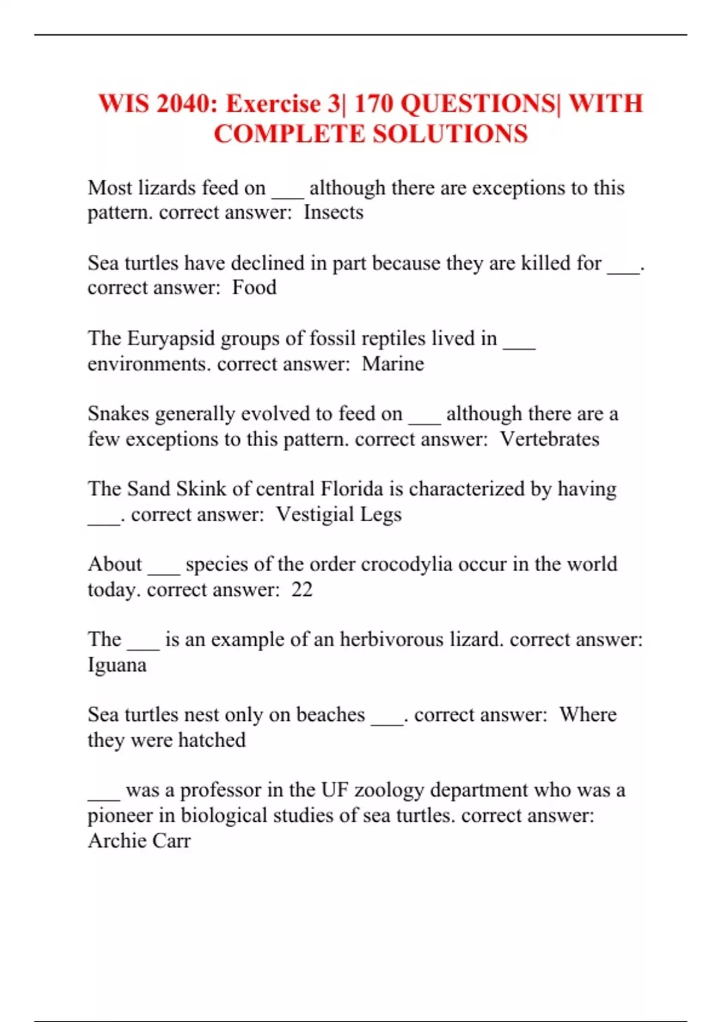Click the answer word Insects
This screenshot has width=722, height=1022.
click(x=333, y=213)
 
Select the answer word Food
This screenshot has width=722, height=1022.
click(x=255, y=288)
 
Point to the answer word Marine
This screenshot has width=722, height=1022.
click(x=393, y=364)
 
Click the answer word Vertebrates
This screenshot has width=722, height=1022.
click(x=549, y=439)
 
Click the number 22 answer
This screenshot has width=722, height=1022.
click(x=302, y=590)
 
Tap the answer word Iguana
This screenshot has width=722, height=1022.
click(x=117, y=665)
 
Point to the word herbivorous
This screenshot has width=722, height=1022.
click(x=392, y=640)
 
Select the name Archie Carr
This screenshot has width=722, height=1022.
click(x=139, y=840)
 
